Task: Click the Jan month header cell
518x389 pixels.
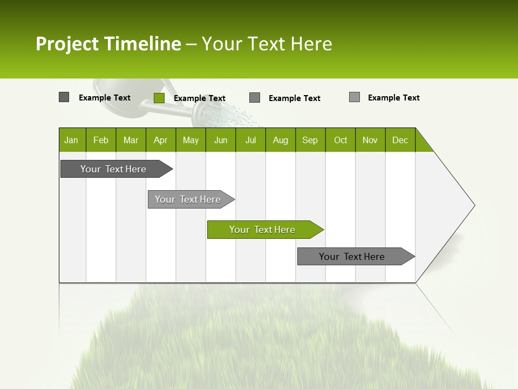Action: coord(72,140)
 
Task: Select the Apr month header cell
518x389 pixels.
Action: coord(161,140)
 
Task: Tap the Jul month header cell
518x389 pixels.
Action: coord(250,140)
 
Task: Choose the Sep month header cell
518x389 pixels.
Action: coord(310,140)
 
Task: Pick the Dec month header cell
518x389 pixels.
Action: coord(400,140)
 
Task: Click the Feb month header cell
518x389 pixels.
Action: coord(101,140)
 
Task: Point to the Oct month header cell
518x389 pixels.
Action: coord(340,140)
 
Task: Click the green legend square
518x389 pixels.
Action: coord(159,98)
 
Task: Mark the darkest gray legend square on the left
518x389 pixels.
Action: coord(64,97)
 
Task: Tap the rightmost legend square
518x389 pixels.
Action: coord(354,97)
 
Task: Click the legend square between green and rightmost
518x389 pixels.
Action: coord(255,98)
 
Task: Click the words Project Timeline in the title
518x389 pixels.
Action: coord(108,44)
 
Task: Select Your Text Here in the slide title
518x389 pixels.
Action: coord(267,44)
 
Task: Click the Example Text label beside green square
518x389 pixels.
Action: coord(199,98)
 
